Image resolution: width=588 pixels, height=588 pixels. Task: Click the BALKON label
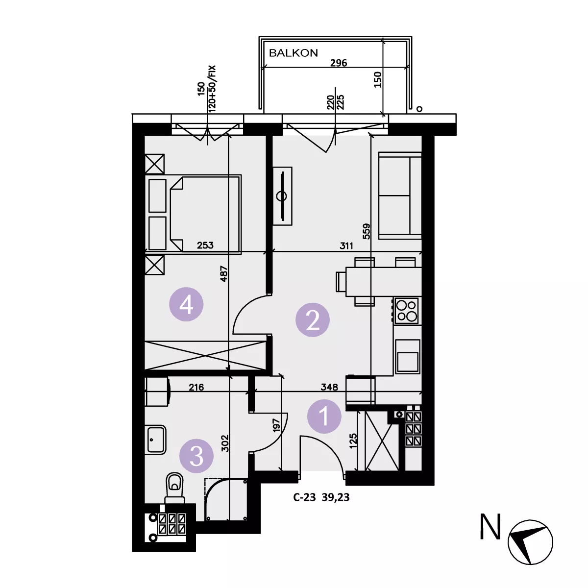(293, 53)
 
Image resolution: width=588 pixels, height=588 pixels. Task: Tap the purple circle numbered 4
(186, 304)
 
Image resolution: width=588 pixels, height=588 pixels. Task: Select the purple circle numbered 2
(313, 320)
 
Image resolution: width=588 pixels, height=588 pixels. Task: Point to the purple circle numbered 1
(324, 416)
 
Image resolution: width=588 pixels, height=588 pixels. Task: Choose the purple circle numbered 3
(196, 456)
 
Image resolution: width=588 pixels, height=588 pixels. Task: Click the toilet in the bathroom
(174, 488)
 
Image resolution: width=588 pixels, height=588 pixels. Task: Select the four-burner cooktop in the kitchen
(406, 311)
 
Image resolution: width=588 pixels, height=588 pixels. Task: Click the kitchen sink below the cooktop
(407, 356)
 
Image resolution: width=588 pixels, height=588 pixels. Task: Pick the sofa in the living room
(400, 196)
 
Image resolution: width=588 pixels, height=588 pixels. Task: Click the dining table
(384, 282)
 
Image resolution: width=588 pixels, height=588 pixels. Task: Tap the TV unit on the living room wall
(282, 196)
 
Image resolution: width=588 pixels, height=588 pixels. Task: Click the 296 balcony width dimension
(339, 63)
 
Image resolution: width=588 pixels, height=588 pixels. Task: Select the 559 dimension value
(367, 231)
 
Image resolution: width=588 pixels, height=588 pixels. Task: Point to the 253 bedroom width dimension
(205, 245)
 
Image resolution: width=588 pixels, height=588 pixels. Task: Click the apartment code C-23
(304, 497)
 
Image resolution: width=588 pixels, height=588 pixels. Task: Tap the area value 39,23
(336, 498)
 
